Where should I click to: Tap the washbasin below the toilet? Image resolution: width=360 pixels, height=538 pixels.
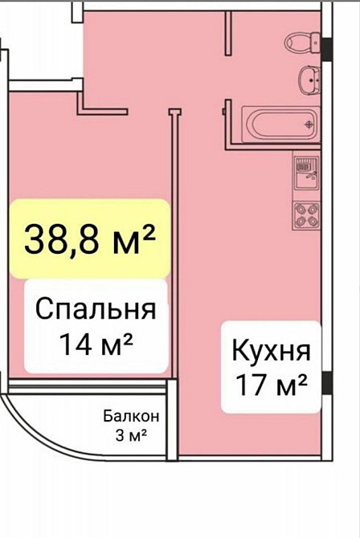coord(308,79)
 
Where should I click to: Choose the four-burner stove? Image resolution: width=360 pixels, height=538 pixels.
coord(306,213)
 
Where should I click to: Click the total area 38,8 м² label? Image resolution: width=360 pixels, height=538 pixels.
coord(89,238)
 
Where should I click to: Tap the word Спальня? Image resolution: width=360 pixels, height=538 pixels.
coord(96,308)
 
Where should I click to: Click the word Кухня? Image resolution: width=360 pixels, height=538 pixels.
coord(270,351)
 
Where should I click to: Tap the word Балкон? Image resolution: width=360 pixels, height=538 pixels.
coord(131,417)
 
